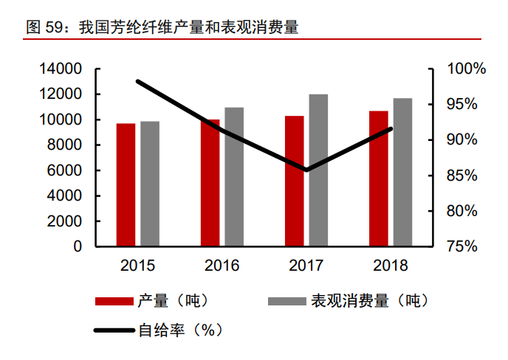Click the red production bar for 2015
tap(126, 184)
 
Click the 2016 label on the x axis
tap(222, 266)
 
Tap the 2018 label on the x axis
tap(391, 266)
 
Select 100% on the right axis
tap(467, 69)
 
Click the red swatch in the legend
tap(114, 301)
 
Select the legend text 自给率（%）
tap(181, 330)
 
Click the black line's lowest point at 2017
tap(306, 170)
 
